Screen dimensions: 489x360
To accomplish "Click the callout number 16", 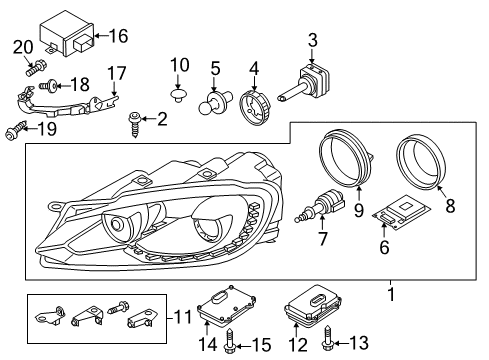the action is click(119, 36).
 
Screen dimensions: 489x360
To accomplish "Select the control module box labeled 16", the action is click(67, 33).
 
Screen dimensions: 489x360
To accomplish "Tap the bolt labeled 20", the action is click(36, 67).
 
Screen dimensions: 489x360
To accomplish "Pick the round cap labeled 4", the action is click(254, 107).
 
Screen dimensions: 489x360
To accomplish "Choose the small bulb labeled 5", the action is click(214, 101).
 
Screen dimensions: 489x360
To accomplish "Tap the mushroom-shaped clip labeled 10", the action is click(177, 94).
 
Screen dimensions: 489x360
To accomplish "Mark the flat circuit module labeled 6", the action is click(402, 212).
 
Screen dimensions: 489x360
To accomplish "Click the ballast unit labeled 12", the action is click(313, 304).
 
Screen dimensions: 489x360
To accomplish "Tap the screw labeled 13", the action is click(327, 339).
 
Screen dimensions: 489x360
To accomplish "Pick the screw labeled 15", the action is click(230, 341).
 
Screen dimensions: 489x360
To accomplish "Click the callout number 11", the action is click(184, 317).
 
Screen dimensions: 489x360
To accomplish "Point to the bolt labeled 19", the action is click(16, 130).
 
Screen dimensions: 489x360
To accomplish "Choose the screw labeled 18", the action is click(48, 85).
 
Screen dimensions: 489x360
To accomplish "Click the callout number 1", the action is click(391, 295).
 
